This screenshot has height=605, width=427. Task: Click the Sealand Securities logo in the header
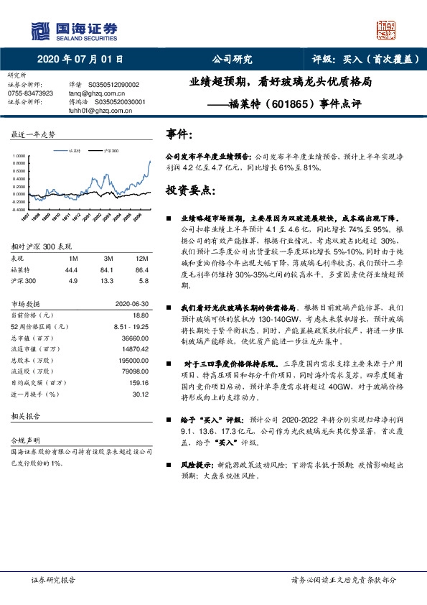tap(72, 30)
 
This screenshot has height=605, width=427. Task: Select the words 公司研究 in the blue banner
tap(233, 59)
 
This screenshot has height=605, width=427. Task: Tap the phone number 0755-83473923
tap(30, 93)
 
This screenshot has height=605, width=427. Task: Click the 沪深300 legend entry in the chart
tap(110, 151)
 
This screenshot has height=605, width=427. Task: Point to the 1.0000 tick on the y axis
tap(19, 155)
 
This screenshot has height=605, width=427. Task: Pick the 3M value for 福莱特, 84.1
tap(109, 269)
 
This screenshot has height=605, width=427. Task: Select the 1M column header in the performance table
tap(72, 258)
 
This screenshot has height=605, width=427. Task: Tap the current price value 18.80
tap(140, 314)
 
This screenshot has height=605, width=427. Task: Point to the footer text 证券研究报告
tap(53, 580)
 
